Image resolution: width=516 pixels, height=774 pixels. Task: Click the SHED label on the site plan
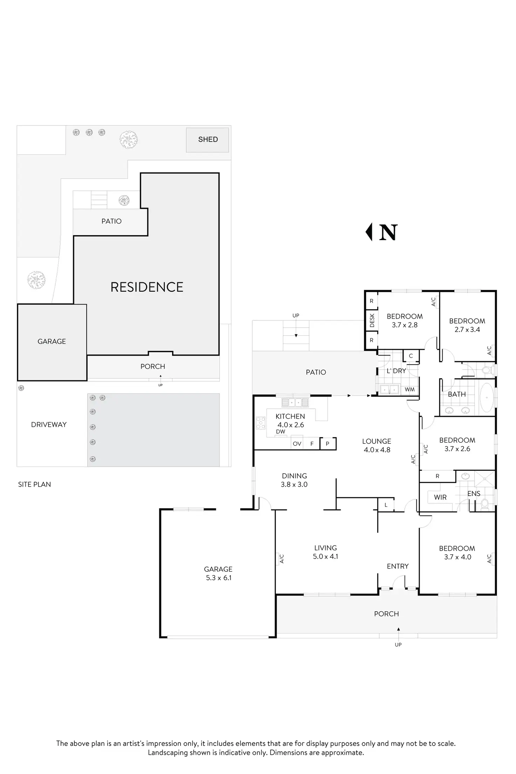click(208, 140)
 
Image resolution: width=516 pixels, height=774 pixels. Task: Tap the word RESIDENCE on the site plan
click(147, 287)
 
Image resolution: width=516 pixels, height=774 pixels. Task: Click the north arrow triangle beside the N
click(369, 232)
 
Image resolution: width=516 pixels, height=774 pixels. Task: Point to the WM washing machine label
click(409, 389)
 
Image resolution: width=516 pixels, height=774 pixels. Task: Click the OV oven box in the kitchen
click(297, 444)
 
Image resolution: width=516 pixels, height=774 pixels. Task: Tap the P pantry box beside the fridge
click(327, 444)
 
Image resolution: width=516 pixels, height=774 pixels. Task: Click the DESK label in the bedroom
click(372, 320)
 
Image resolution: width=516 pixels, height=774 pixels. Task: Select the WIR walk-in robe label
click(440, 497)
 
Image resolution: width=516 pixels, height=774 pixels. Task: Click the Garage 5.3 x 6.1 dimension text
click(219, 578)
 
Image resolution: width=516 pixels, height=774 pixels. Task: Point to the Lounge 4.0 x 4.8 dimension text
click(377, 450)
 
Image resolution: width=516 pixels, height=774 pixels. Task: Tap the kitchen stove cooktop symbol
click(261, 423)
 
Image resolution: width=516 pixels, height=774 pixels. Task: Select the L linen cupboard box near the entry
click(386, 505)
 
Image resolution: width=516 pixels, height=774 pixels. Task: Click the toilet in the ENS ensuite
click(485, 504)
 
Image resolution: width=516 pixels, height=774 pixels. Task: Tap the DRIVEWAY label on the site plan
click(49, 425)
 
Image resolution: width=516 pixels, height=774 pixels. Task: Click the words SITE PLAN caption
click(34, 484)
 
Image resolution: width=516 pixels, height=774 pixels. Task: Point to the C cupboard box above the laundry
click(411, 356)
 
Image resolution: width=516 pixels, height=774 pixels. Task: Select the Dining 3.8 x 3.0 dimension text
click(294, 484)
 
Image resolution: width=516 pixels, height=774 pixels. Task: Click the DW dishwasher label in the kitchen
click(280, 432)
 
